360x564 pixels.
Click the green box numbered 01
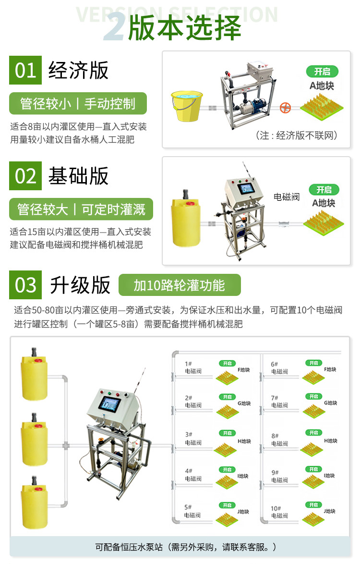(x=25, y=70)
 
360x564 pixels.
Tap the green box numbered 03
(x=25, y=285)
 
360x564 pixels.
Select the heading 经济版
(x=78, y=70)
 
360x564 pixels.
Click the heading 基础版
(x=78, y=176)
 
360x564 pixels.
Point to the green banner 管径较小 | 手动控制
(x=78, y=104)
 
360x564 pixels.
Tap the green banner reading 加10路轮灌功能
(x=180, y=285)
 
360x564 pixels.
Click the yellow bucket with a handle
(x=187, y=106)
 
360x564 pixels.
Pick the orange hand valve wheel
(x=285, y=108)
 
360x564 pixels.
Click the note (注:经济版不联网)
(x=297, y=135)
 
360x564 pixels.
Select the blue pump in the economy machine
(x=256, y=105)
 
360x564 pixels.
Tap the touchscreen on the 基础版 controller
(x=246, y=188)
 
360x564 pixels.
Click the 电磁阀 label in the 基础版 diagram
(x=287, y=197)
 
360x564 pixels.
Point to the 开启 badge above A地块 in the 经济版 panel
(x=322, y=71)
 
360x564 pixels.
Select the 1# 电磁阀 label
(x=193, y=368)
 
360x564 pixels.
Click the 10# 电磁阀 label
(x=279, y=512)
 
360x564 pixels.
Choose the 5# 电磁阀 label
(x=192, y=511)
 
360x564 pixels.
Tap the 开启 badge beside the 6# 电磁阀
(x=313, y=363)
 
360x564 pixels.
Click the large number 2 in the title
(x=115, y=27)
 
